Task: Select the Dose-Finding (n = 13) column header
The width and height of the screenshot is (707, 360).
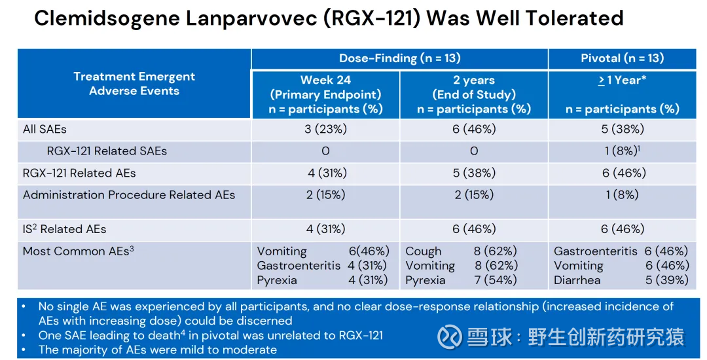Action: pos(399,58)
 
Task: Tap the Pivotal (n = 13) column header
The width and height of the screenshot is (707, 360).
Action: pos(622,58)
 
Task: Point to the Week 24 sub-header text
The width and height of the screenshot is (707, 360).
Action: pos(325,80)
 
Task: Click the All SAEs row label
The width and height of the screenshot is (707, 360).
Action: pos(45,129)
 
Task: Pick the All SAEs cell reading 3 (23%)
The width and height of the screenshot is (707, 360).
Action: pos(325,129)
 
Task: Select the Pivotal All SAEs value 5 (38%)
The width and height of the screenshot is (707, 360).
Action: pos(622,129)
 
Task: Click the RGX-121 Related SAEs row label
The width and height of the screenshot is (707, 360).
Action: pos(107,151)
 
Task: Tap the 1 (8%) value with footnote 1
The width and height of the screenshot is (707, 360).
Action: pos(621,151)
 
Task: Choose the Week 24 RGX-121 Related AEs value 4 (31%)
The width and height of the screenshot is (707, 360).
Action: pos(325,173)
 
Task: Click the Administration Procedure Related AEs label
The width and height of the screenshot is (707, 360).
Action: pos(129,195)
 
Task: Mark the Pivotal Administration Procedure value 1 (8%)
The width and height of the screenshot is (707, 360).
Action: pos(622,195)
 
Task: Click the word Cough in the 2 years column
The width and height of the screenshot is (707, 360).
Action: pos(424,251)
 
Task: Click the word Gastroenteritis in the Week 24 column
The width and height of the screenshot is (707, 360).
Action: pos(299,266)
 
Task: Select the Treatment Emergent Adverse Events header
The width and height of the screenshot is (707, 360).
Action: pos(134,84)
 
